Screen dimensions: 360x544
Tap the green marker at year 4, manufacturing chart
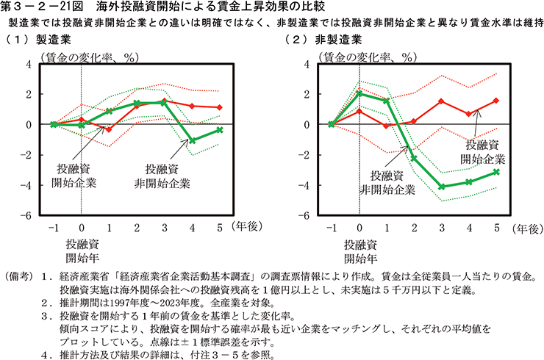coord(192,140)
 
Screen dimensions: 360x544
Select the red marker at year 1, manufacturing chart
coord(109,129)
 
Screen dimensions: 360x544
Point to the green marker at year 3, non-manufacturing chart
coord(443,187)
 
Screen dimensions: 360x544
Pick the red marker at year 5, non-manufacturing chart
coord(497,101)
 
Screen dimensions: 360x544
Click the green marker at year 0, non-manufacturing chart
coord(359,94)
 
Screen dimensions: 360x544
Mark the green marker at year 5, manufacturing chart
coord(219,130)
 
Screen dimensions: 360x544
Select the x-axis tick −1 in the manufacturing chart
coord(54,227)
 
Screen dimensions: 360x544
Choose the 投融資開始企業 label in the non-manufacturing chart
coord(483,151)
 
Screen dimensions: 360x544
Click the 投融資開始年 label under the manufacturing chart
coord(81,251)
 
